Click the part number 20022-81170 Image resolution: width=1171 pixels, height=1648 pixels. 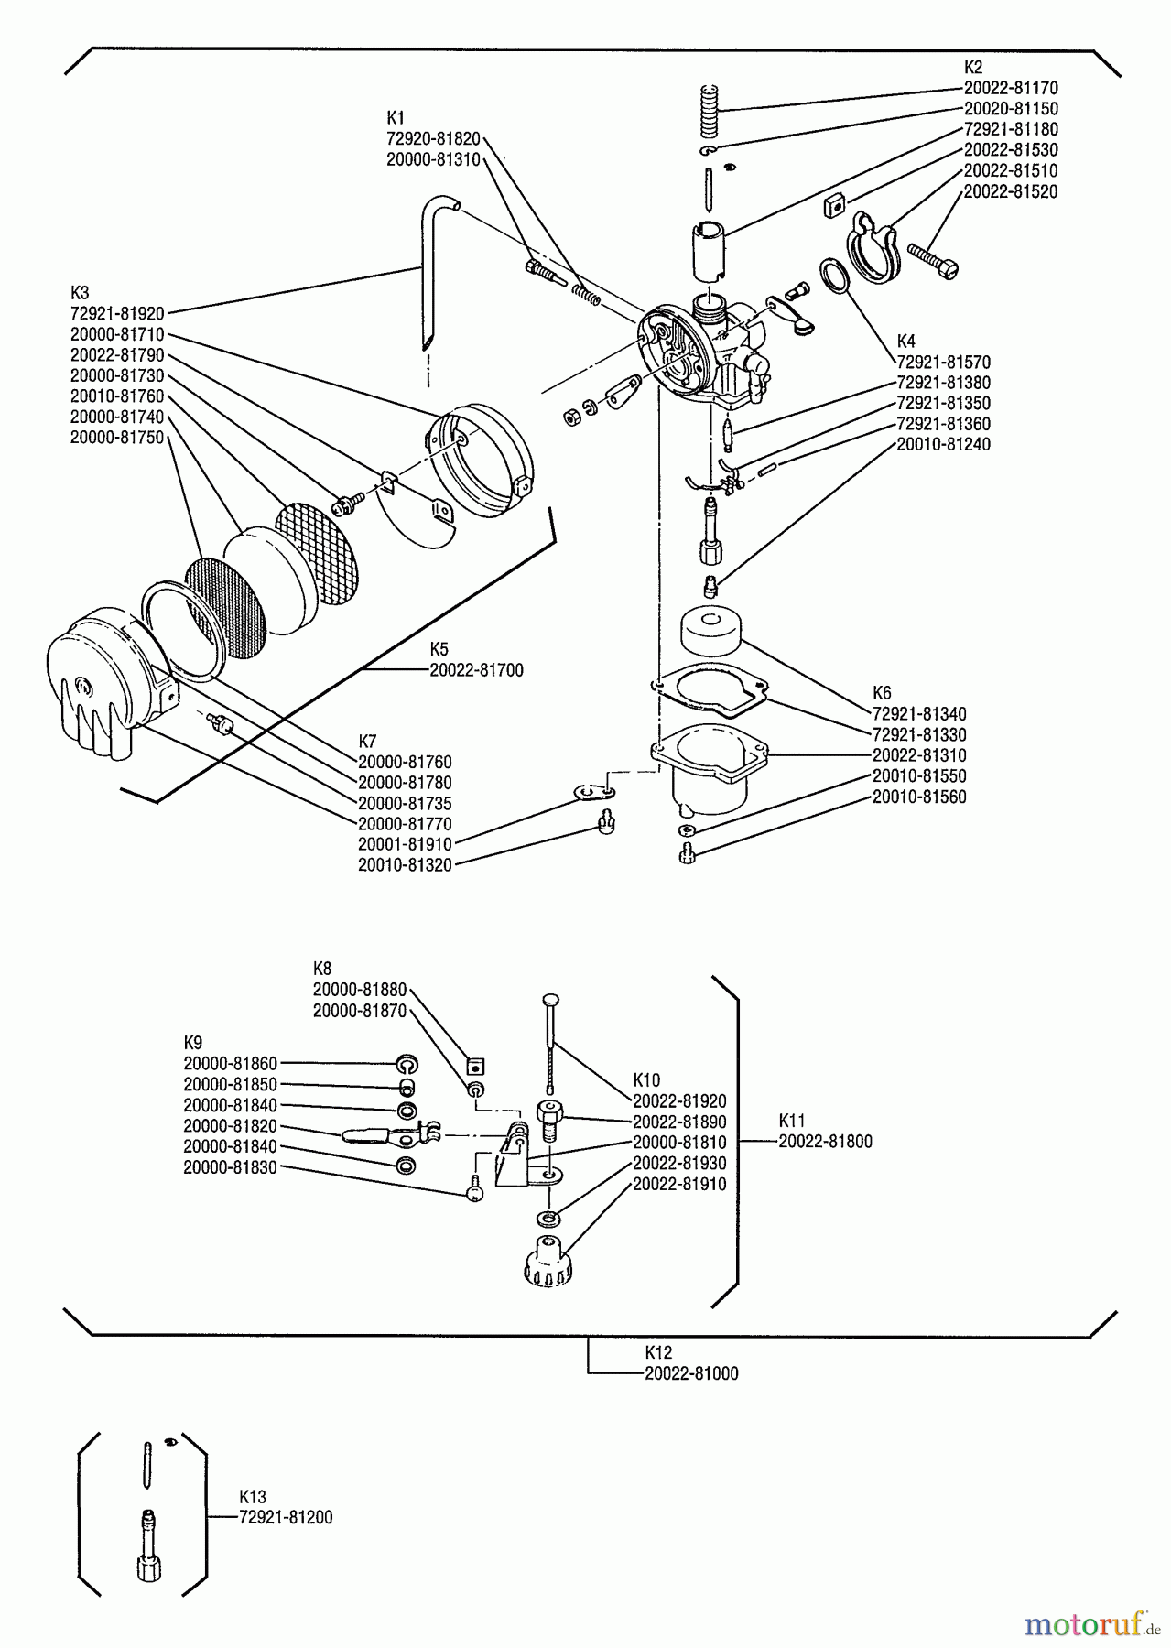pyautogui.click(x=1011, y=88)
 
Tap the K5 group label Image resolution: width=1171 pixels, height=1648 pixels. pyautogui.click(x=439, y=649)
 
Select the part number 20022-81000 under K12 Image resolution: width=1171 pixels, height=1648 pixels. pyautogui.click(x=691, y=1373)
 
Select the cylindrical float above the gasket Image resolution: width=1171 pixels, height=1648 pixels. pyautogui.click(x=710, y=630)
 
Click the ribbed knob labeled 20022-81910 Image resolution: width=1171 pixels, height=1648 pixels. pyautogui.click(x=547, y=1263)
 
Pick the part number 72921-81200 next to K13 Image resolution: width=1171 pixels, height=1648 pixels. pyautogui.click(x=286, y=1517)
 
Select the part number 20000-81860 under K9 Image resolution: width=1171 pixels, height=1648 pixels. pyautogui.click(x=230, y=1064)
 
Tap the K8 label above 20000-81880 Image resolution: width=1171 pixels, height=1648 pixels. pyautogui.click(x=322, y=968)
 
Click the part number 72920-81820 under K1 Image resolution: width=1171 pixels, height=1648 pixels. pyautogui.click(x=433, y=138)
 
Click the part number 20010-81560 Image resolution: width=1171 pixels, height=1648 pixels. pyautogui.click(x=919, y=797)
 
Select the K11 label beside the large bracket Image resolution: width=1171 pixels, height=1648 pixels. pyautogui.click(x=792, y=1120)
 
